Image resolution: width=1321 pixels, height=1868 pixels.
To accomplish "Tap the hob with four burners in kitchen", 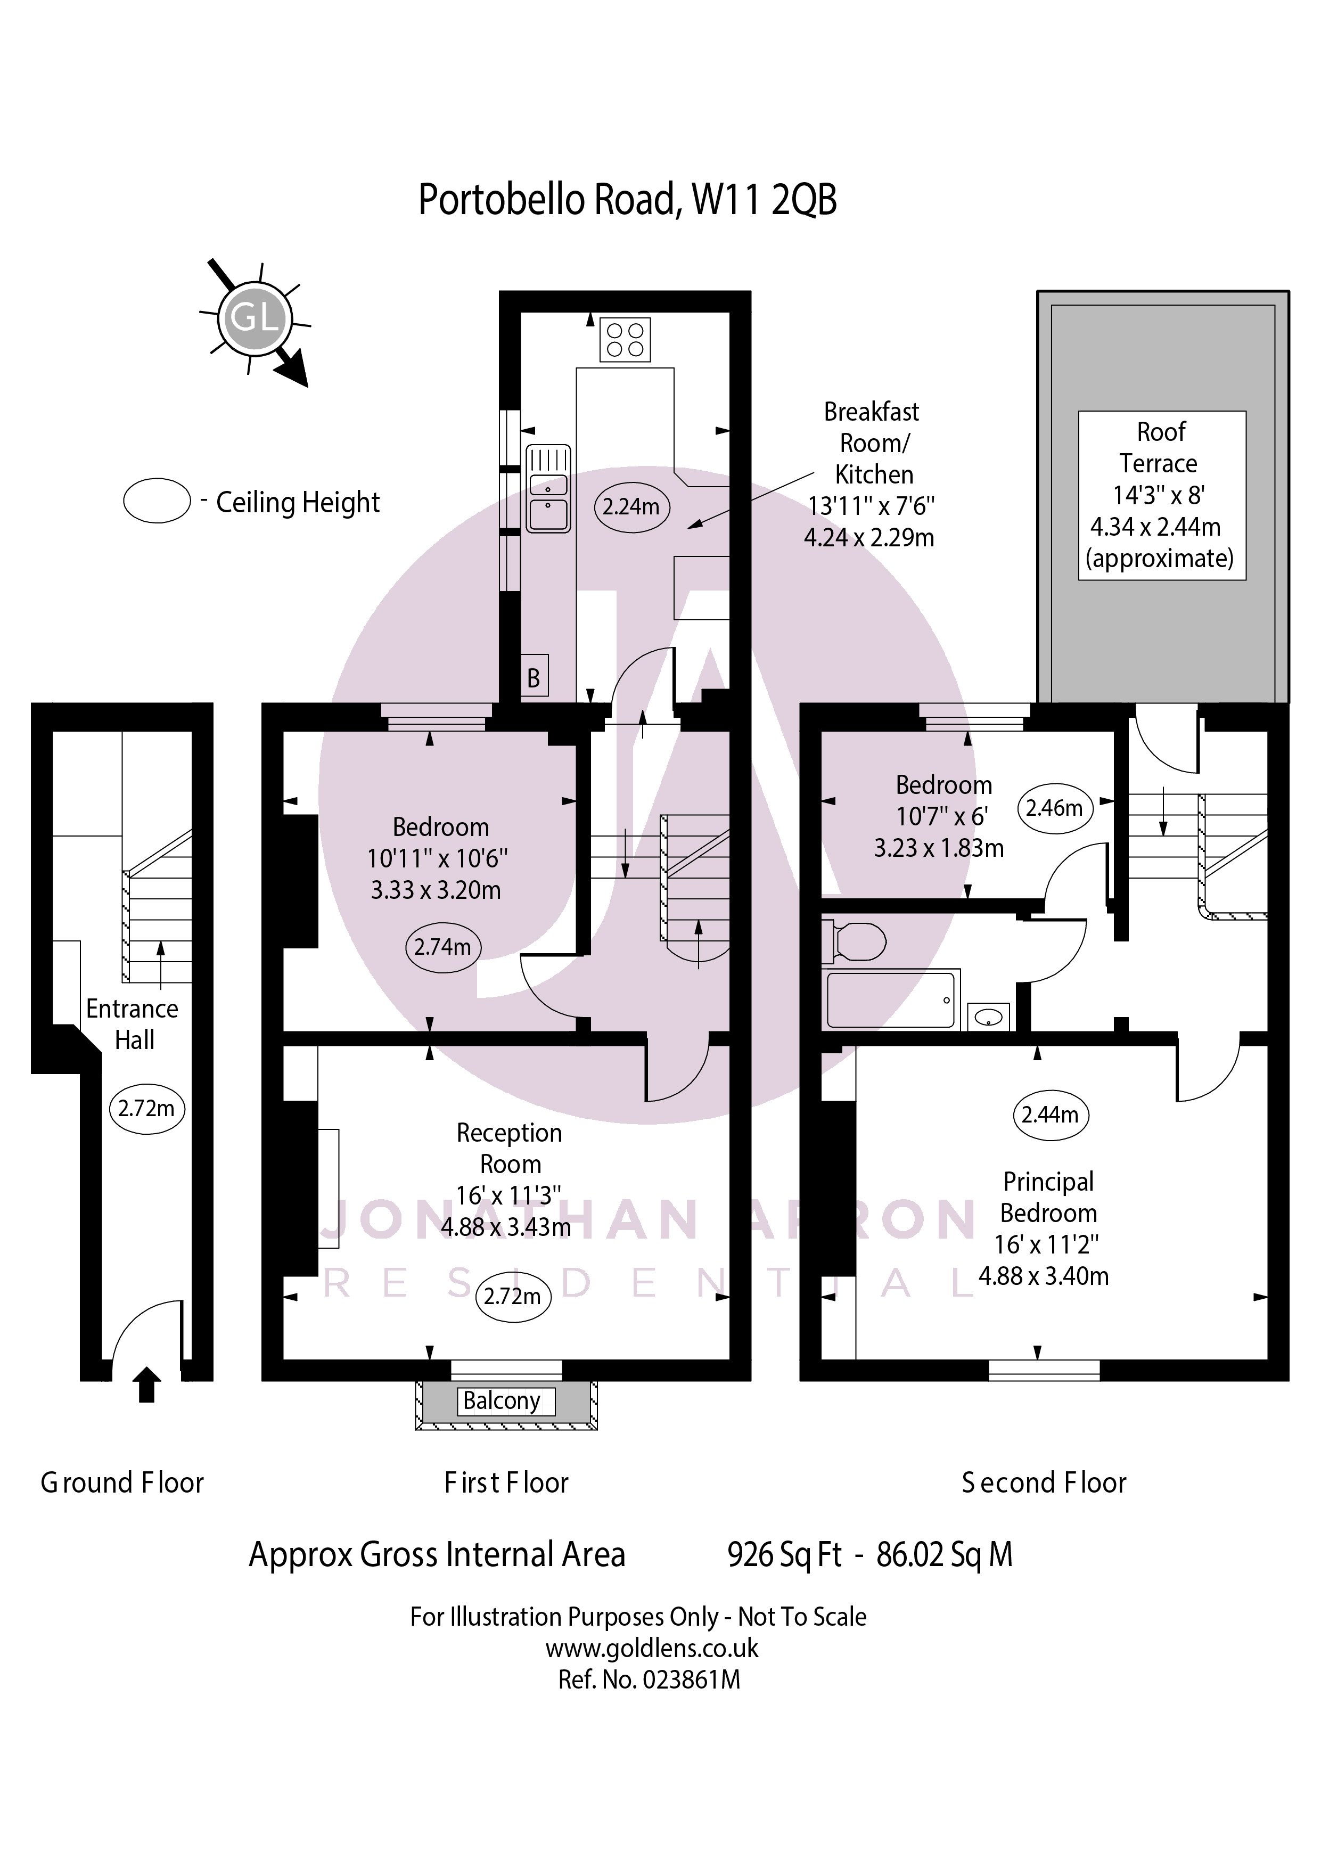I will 625,339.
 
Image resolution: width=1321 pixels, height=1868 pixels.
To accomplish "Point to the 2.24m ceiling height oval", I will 631,507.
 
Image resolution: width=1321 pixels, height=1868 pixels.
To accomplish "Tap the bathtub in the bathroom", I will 891,999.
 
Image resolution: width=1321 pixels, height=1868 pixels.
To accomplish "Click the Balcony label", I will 502,1401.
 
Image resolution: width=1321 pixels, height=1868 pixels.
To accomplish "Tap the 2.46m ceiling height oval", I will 1054,808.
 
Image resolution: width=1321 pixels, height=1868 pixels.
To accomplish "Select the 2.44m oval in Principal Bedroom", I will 1050,1114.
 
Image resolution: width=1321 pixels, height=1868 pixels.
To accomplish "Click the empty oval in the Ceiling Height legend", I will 157,501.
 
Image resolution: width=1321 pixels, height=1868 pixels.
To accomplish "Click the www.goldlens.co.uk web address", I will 652,1648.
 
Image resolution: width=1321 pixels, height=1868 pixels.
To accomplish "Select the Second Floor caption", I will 1044,1482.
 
